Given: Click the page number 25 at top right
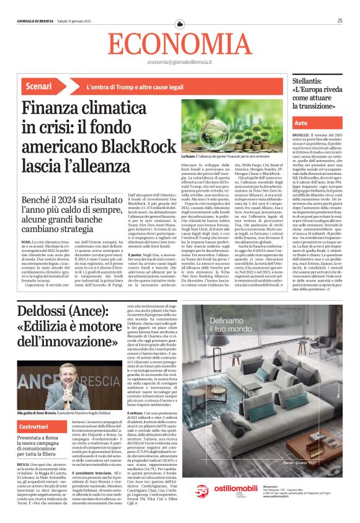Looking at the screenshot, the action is click(x=340, y=20).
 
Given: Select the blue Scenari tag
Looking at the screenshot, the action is click(x=42, y=86).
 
